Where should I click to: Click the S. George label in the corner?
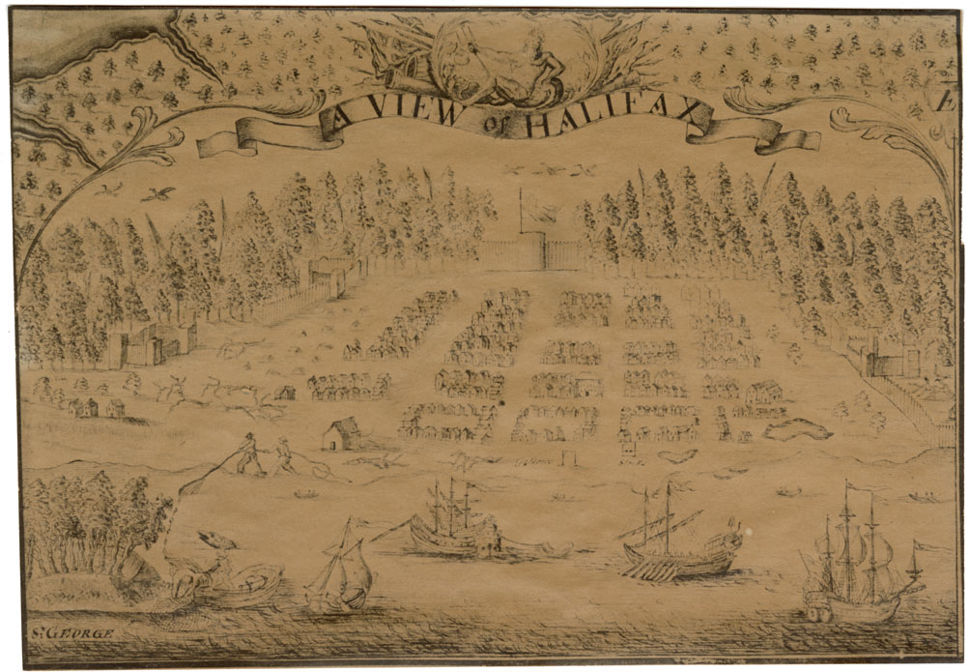(72, 633)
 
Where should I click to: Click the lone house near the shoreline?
(340, 434)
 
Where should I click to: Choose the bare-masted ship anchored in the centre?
(454, 527)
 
